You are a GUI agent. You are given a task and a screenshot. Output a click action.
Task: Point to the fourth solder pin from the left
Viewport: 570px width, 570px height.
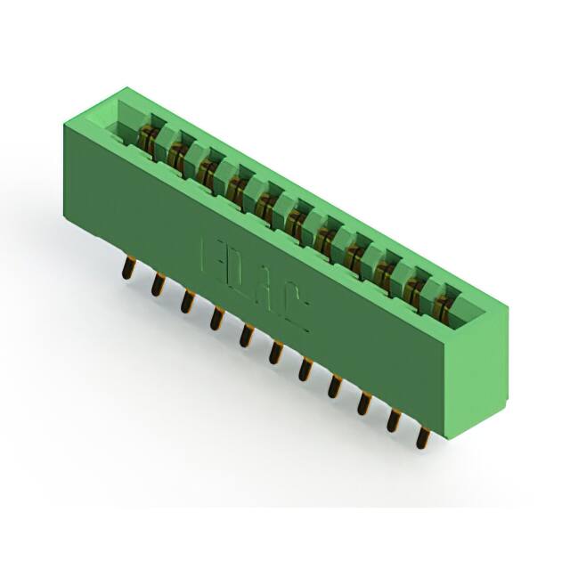click(x=216, y=316)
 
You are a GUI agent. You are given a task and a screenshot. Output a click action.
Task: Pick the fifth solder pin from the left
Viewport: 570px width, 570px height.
click(x=245, y=334)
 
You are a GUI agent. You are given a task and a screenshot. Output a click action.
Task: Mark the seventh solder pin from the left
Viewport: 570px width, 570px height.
click(x=305, y=367)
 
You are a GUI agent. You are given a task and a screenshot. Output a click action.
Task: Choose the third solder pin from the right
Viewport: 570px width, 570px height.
click(x=364, y=402)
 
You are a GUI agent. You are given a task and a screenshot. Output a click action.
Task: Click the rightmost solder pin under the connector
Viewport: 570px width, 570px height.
click(x=424, y=436)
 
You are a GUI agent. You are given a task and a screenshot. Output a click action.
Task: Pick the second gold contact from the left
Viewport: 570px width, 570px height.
click(x=178, y=155)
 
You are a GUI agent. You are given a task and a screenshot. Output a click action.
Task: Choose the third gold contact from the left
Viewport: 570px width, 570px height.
click(x=208, y=170)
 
